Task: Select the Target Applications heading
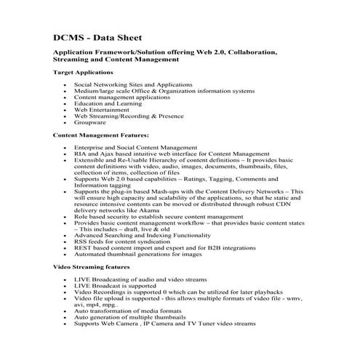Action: (x=84, y=73)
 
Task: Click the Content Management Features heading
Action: (x=101, y=135)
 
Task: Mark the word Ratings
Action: (x=187, y=179)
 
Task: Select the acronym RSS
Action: (x=81, y=241)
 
